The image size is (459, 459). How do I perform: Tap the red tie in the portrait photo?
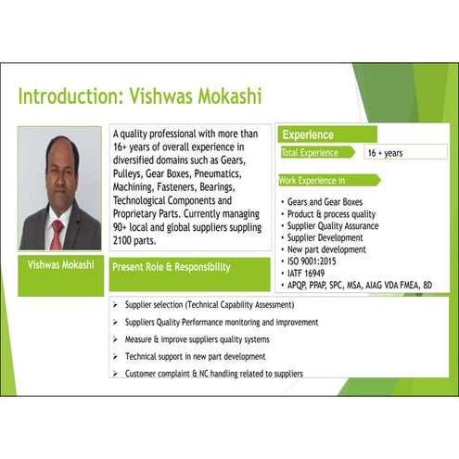pos(57,235)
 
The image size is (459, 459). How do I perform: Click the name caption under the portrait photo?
pos(61,265)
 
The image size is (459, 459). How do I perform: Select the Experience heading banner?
pos(327,134)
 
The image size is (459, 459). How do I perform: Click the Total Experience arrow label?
pos(318,152)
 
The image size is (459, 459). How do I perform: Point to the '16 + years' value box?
pos(405,152)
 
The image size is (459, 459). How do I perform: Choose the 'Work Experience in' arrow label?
pos(329,180)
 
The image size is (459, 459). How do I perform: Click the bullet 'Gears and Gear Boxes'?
pos(325,202)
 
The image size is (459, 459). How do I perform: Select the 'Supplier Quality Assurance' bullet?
pos(333,226)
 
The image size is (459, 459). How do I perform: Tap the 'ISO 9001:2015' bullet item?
pos(312,261)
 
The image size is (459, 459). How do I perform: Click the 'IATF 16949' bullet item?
pos(306,274)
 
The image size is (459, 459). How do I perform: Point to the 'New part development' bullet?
pos(326,249)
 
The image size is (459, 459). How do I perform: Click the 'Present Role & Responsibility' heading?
pos(172,267)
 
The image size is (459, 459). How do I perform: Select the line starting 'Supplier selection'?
pos(210,305)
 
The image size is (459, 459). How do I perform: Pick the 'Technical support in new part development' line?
pos(195,357)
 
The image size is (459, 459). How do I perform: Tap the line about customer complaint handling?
pos(214,374)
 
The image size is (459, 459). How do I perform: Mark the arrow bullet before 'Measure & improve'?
pos(115,339)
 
